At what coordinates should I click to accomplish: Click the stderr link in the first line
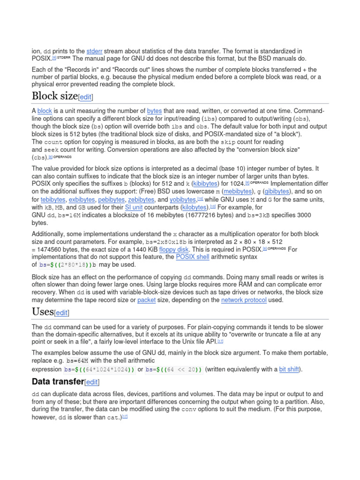(94, 51)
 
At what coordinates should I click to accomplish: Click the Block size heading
(54, 96)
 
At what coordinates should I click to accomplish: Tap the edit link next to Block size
(86, 97)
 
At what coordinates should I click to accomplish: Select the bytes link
(154, 111)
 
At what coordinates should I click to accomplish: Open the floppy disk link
(174, 249)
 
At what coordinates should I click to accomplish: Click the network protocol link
(244, 300)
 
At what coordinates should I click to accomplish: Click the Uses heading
(43, 312)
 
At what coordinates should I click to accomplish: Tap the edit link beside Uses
(62, 313)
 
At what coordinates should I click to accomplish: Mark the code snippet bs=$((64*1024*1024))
(100, 369)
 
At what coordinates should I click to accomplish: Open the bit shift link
(289, 369)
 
